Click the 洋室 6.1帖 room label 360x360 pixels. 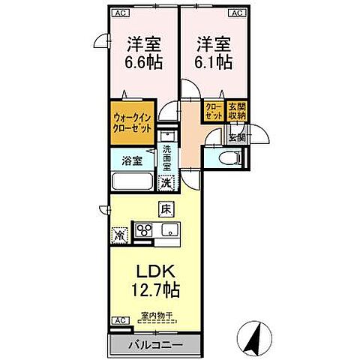point(213,52)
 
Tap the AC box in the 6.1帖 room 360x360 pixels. point(235,13)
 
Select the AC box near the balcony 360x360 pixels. point(118,321)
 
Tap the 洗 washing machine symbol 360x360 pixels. point(167,181)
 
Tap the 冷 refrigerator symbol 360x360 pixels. point(120,234)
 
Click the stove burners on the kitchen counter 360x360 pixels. point(143,231)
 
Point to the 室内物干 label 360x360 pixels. point(157,316)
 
